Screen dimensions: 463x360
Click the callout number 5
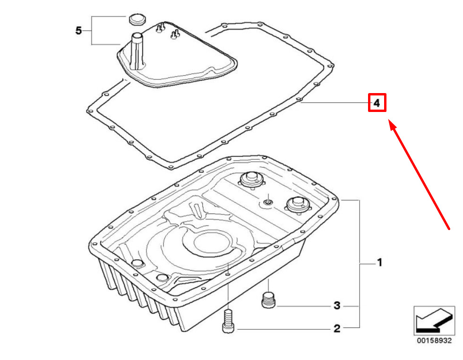[78, 30]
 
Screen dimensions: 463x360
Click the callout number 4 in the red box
[377, 103]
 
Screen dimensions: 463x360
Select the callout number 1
[380, 262]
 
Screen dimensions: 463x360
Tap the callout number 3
[337, 305]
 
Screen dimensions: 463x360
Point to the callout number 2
[337, 328]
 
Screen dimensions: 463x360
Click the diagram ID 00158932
[434, 341]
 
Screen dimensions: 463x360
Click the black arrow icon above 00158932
[434, 320]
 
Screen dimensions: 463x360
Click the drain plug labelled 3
[269, 300]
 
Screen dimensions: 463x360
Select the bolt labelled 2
[228, 321]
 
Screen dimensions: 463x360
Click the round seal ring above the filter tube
[137, 19]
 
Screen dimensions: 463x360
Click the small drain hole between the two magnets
[268, 202]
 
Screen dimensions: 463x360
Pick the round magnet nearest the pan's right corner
[298, 205]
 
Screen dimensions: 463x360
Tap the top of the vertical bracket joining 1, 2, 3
[360, 200]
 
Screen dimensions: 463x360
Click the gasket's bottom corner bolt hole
[171, 167]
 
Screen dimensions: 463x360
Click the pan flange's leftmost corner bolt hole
[94, 244]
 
